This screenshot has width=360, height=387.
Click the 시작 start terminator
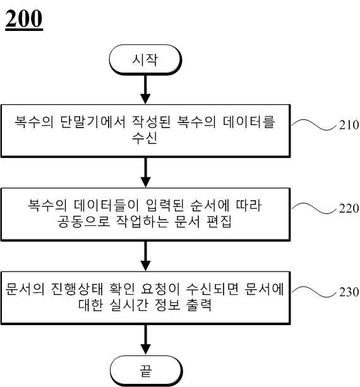(x=145, y=60)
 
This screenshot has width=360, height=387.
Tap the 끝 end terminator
(x=146, y=371)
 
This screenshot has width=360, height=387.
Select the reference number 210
(x=349, y=125)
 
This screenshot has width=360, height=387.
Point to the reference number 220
(x=349, y=208)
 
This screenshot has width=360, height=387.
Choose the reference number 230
(x=349, y=292)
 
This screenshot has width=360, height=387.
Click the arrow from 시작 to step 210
(x=145, y=90)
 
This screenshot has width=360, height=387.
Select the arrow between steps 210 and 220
(x=145, y=173)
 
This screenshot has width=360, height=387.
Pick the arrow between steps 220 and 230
(x=145, y=256)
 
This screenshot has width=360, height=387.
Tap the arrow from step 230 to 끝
(x=146, y=340)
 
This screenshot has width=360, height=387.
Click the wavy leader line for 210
(x=314, y=124)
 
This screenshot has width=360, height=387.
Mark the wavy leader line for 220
(x=314, y=208)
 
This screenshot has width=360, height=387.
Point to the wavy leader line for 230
(x=314, y=292)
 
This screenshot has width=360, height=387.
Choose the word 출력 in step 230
(x=199, y=305)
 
